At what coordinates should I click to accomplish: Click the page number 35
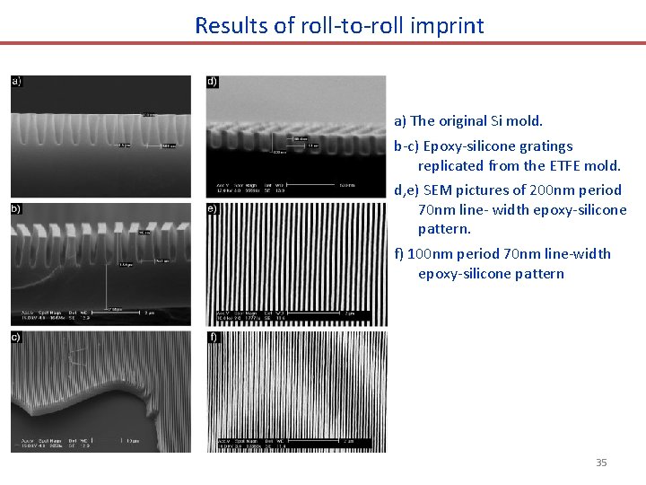pyautogui.click(x=601, y=463)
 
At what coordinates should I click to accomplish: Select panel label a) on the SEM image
pyautogui.click(x=17, y=82)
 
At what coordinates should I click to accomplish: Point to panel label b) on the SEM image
pyautogui.click(x=17, y=209)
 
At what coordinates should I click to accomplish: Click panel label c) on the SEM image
pyautogui.click(x=17, y=337)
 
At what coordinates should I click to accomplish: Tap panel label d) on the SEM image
pyautogui.click(x=213, y=82)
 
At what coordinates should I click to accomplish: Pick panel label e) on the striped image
pyautogui.click(x=213, y=209)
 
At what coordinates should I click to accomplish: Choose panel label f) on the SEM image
pyautogui.click(x=213, y=337)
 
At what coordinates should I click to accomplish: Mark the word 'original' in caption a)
pyautogui.click(x=462, y=120)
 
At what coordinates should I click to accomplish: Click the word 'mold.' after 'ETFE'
pyautogui.click(x=603, y=165)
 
